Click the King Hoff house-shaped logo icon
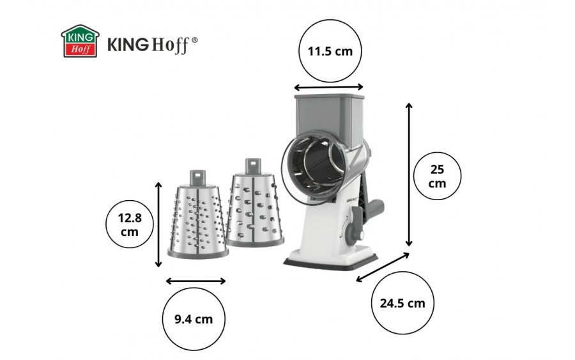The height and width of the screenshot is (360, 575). click(80, 41)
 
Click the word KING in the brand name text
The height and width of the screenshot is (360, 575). click(128, 44)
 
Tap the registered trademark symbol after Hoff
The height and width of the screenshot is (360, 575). click(195, 40)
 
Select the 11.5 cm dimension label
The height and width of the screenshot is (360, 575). click(330, 51)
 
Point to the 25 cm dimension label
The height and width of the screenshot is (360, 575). click(437, 176)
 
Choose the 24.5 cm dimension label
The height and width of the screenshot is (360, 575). click(402, 303)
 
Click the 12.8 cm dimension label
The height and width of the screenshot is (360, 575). click(130, 224)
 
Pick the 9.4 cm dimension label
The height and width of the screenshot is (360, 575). click(194, 319)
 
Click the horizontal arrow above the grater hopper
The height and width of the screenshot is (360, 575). click(328, 88)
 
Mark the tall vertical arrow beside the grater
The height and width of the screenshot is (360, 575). click(409, 175)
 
